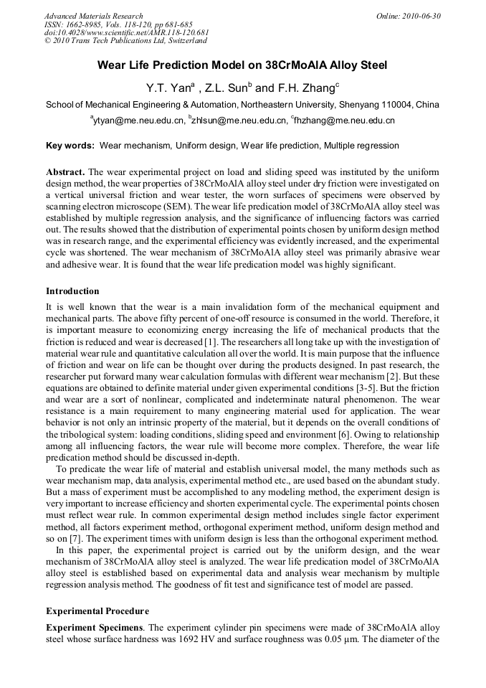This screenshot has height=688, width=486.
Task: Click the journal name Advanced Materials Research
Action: point(94,16)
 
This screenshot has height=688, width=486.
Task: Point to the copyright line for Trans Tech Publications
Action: point(125,42)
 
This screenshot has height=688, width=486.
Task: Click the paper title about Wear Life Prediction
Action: point(242,66)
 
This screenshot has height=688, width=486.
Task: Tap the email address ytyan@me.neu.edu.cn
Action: point(136,121)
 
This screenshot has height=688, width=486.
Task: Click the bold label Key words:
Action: point(70,146)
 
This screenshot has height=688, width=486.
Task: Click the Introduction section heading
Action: point(72,291)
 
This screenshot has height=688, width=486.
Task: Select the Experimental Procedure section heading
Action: point(97,611)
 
